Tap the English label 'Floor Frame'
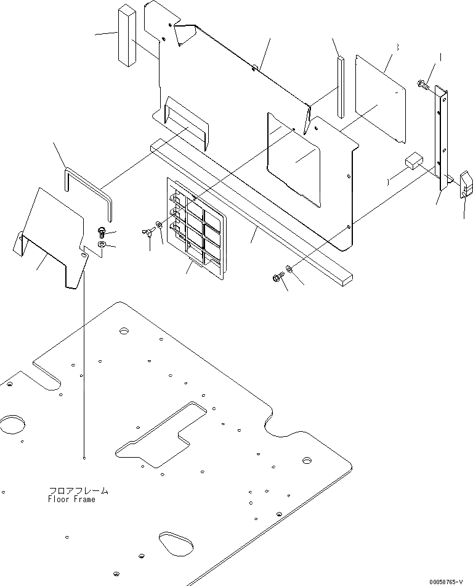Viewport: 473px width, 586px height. (x=71, y=500)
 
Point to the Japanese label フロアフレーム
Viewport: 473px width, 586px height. (x=78, y=491)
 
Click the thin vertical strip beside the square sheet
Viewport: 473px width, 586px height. (x=340, y=86)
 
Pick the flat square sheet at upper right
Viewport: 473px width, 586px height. (x=381, y=97)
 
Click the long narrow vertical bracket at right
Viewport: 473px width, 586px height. (x=442, y=138)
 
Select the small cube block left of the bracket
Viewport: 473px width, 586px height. (x=411, y=163)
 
